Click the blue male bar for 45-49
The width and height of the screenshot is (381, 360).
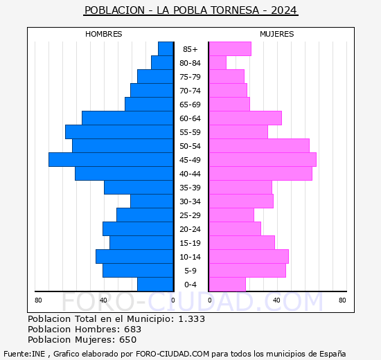coord(111,159)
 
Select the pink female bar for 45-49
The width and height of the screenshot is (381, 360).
coord(263,159)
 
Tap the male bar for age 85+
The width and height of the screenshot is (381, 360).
coord(166,48)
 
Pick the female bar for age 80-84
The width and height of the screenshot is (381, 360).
coord(218,62)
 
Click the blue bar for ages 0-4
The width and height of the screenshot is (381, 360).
coord(155,284)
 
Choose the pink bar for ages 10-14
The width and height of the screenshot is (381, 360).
coord(249,256)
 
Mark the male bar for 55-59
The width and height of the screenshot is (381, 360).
coord(119,132)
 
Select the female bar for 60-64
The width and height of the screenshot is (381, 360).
coord(245,118)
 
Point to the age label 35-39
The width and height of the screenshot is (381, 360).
coord(190,188)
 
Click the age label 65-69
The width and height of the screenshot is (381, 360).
coord(190,105)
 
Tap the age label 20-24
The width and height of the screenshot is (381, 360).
coord(190,229)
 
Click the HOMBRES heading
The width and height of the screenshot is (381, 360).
coord(104,34)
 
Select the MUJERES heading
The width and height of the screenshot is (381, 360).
coord(277,34)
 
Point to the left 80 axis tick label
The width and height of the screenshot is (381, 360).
coord(38,300)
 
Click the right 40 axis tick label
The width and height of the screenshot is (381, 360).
coord(276,300)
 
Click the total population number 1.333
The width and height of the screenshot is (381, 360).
coord(191,318)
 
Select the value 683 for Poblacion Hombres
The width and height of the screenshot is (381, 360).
coord(132,329)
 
